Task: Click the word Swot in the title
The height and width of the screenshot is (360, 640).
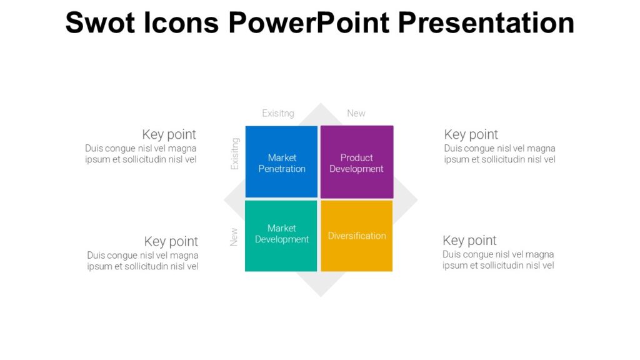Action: coord(95,22)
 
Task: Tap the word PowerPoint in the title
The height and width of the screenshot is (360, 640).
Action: coord(310,22)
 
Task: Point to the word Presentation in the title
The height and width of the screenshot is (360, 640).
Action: coord(487,22)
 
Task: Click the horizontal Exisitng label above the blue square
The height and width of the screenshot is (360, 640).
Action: coord(278,113)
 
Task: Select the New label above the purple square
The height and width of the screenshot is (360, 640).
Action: coord(356,113)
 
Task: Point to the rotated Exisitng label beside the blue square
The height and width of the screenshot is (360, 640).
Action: coord(235,154)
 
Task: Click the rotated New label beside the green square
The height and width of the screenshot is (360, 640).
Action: coord(234,236)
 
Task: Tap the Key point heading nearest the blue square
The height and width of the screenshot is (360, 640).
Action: coord(169,134)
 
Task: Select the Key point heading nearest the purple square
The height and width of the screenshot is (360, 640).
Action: coord(471,134)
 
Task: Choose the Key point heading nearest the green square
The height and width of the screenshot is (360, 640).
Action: coord(171,241)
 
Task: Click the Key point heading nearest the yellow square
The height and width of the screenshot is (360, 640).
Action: coord(469,241)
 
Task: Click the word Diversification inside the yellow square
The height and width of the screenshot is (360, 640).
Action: coord(357,236)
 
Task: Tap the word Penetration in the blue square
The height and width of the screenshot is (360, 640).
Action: coord(282,169)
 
